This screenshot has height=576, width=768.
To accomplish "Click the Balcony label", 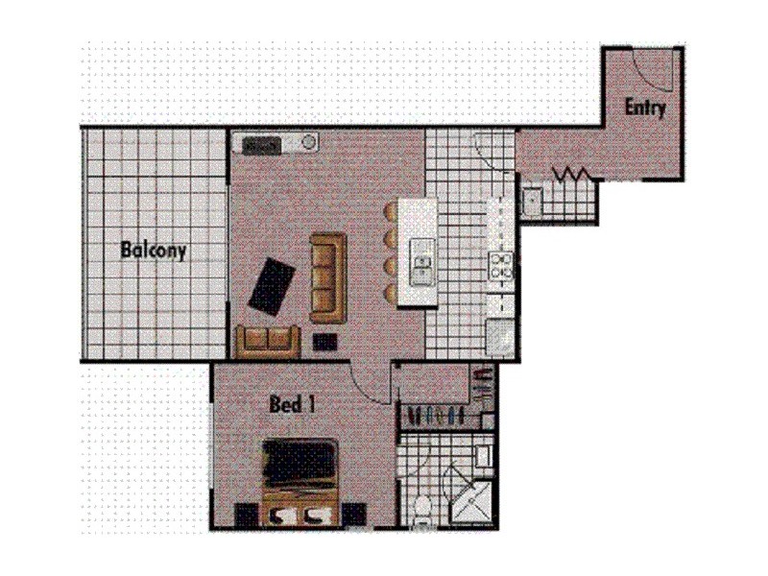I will tap(153, 252).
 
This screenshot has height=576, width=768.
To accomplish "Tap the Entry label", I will tap(645, 107).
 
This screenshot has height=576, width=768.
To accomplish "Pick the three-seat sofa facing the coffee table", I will tap(326, 276).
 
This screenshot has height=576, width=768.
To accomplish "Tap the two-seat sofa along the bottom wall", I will tap(267, 341).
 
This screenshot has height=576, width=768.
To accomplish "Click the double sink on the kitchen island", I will tap(421, 261).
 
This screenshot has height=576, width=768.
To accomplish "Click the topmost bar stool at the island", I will tap(391, 210).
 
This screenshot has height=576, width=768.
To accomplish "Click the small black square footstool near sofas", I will tap(325, 341).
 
